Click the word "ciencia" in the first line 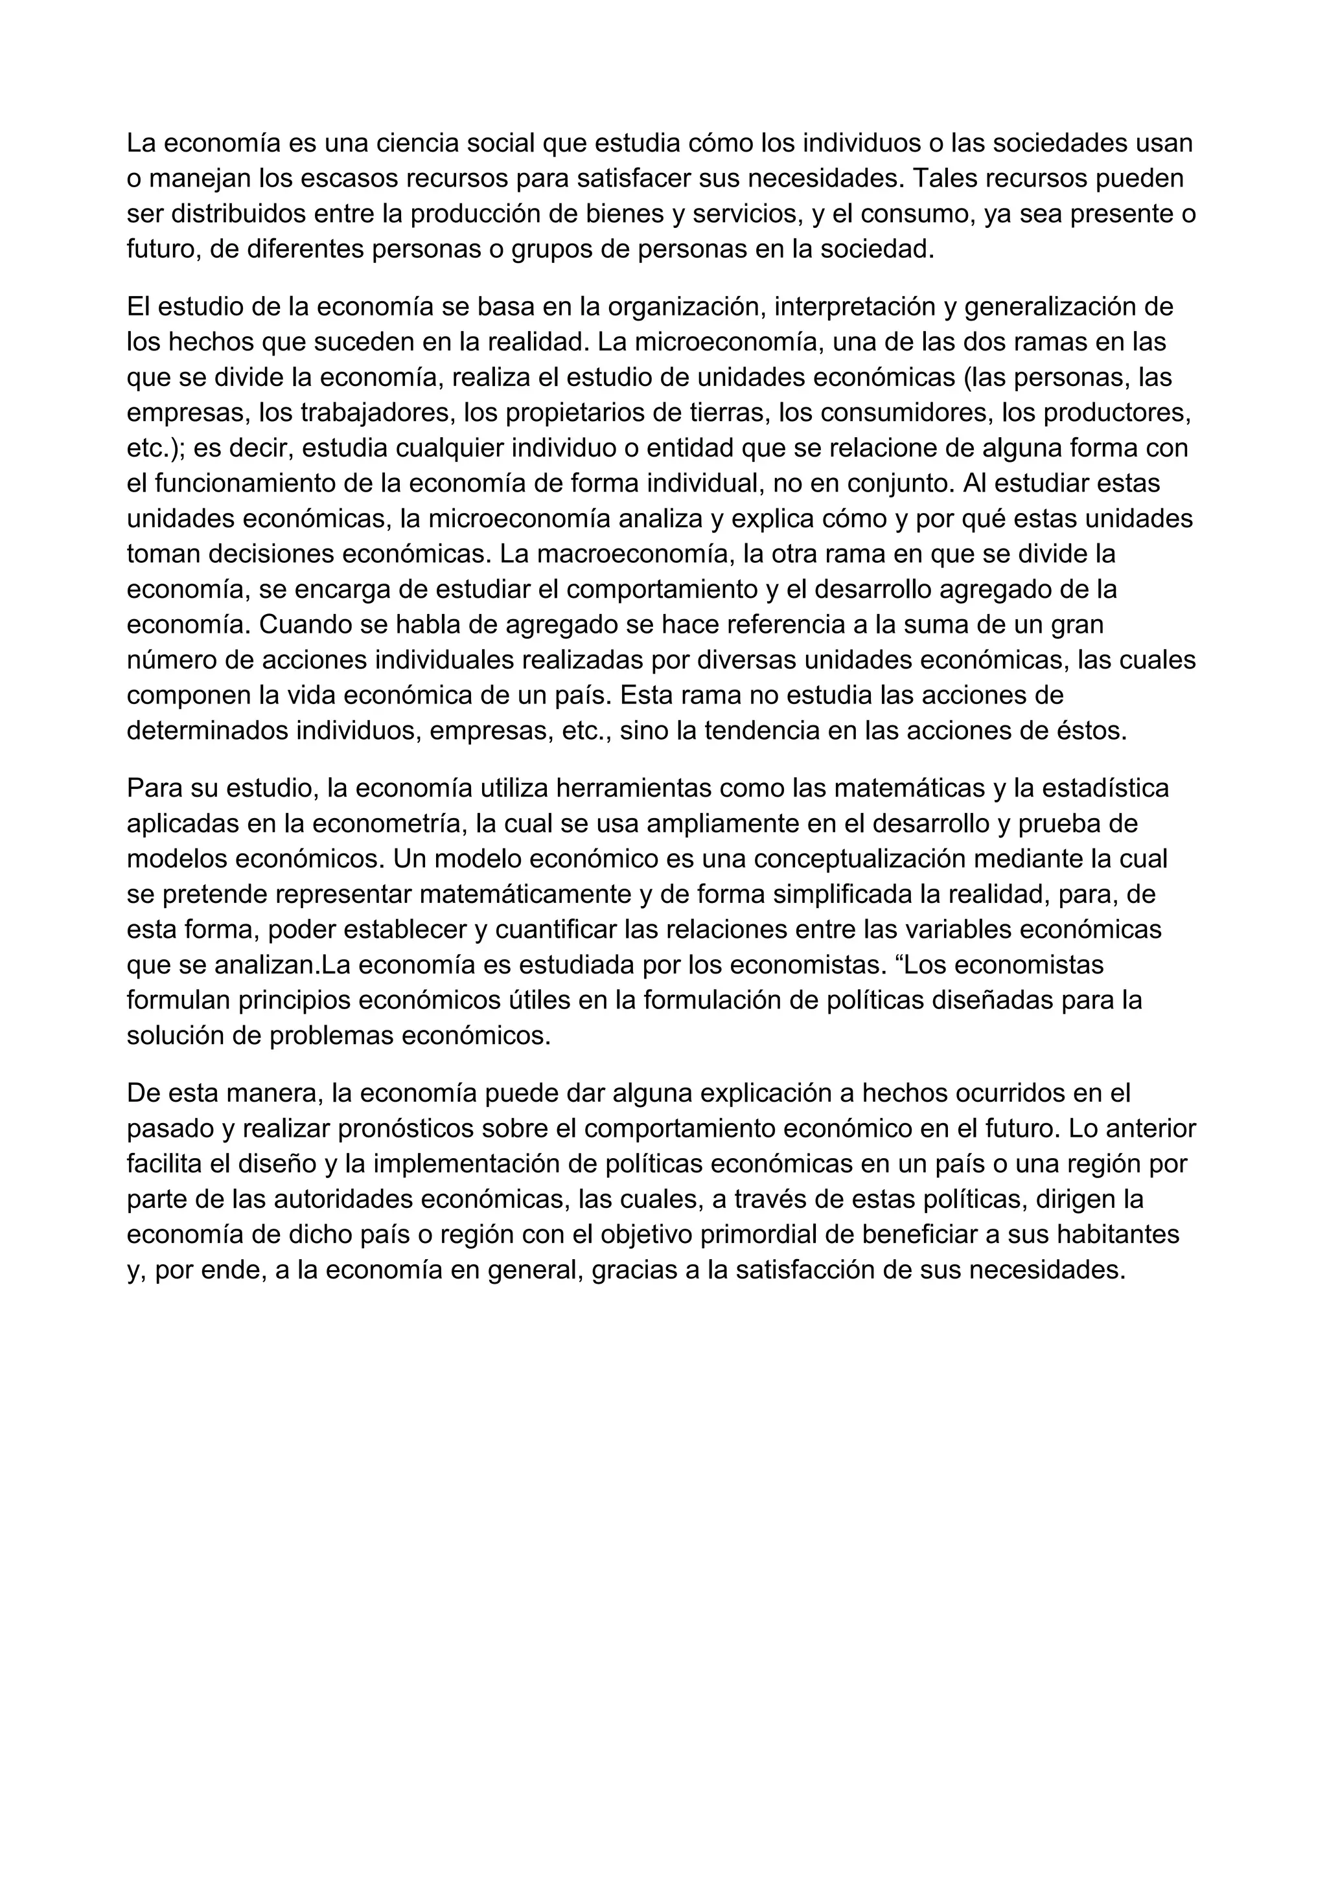[414, 143]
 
